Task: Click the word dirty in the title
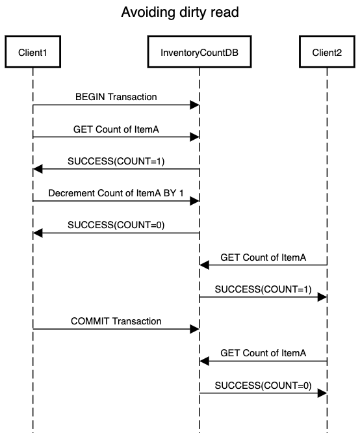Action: click(193, 12)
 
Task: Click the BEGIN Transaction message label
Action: click(116, 97)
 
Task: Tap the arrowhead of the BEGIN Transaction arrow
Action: click(195, 105)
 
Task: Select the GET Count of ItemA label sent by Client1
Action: click(116, 129)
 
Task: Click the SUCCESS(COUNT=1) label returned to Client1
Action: click(116, 161)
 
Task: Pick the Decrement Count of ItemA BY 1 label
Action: click(116, 193)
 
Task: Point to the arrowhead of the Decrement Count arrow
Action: click(195, 201)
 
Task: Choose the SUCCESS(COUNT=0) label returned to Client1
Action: click(116, 225)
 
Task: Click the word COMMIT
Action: click(90, 321)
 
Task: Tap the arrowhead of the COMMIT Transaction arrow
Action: click(195, 329)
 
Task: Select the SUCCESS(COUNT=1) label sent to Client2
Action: click(263, 289)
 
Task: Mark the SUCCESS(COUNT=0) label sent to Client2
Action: click(263, 386)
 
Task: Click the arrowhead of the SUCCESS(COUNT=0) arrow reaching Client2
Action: click(322, 393)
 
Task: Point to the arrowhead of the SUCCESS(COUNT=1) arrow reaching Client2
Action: click(322, 297)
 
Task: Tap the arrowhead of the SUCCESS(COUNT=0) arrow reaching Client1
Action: click(38, 233)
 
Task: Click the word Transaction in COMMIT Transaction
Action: click(137, 321)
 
